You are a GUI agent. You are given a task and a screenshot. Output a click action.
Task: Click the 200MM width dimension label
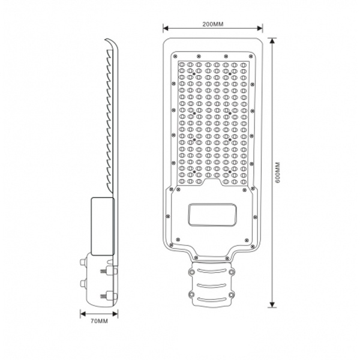tap(212, 24)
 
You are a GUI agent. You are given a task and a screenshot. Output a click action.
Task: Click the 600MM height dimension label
tap(278, 172)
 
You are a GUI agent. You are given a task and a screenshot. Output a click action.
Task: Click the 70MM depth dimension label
tap(99, 321)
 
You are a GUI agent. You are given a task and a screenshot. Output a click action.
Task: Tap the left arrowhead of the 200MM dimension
tap(166, 28)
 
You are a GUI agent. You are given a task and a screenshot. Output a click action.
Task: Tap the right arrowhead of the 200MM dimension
tap(260, 28)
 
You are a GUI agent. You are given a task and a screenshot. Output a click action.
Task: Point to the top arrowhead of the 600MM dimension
tap(272, 41)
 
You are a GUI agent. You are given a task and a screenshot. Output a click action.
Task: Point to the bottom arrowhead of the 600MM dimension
tap(272, 304)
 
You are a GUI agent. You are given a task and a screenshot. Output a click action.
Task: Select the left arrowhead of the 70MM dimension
tap(83, 314)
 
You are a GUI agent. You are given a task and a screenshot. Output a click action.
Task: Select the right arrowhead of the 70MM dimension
tap(115, 314)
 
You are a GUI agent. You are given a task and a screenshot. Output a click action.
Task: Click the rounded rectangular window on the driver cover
tap(212, 214)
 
